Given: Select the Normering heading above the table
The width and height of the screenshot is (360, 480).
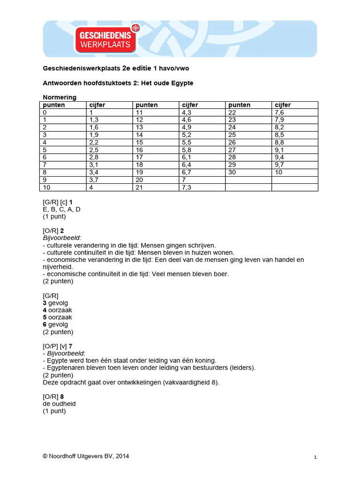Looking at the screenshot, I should [x=60, y=97].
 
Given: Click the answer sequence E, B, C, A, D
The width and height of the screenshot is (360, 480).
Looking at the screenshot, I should [x=61, y=209].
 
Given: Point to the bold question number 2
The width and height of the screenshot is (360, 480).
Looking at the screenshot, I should [x=62, y=231].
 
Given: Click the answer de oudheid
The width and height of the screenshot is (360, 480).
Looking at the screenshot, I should [x=59, y=404].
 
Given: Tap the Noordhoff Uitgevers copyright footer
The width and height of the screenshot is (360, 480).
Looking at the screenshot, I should [x=86, y=456].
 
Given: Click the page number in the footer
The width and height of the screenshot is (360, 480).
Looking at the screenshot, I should [x=315, y=457].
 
